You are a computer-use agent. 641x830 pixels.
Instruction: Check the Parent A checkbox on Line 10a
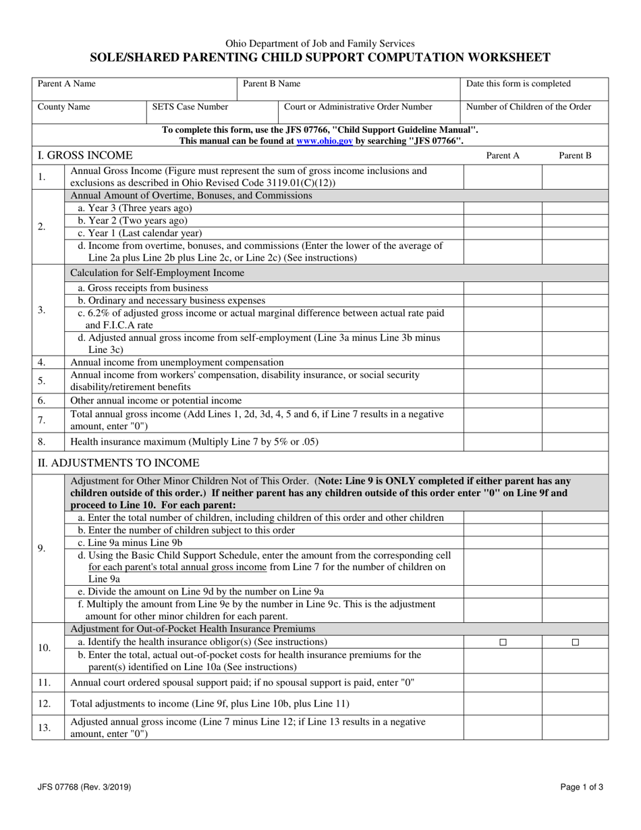pos(503,642)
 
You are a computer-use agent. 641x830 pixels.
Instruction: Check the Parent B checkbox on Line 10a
pos(575,642)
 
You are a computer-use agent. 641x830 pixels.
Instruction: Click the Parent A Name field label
pos(66,84)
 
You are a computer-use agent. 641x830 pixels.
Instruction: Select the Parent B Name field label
pos(271,84)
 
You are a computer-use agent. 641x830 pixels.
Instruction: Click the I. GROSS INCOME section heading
pos(84,156)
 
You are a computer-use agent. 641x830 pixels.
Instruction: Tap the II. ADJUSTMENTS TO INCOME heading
pos(118,463)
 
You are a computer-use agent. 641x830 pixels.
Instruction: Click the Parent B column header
pos(575,156)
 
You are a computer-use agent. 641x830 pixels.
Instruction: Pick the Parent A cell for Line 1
pos(503,177)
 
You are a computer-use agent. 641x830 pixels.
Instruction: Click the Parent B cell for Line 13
pos(575,727)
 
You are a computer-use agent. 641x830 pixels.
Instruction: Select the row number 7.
pos(42,420)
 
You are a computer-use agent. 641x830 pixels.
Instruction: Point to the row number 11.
pos(45,682)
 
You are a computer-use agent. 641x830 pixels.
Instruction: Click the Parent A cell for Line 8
pos(503,442)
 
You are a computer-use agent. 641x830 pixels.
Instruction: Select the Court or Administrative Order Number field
pos(358,107)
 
